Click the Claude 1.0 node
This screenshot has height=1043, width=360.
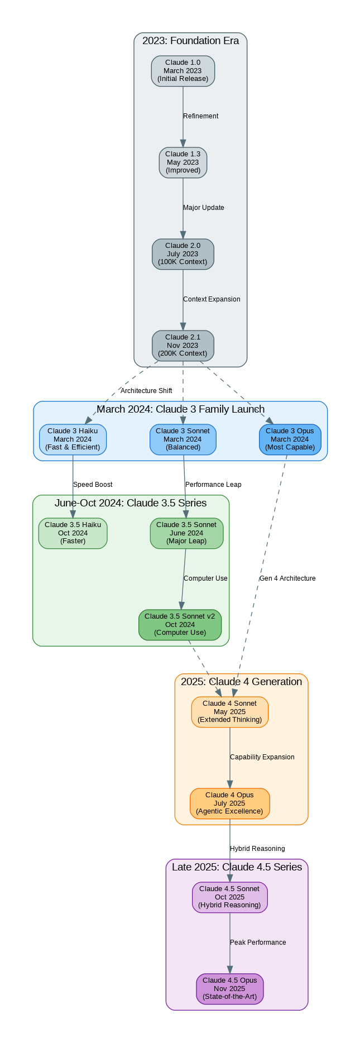[183, 71]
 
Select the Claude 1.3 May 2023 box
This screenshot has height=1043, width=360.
[183, 162]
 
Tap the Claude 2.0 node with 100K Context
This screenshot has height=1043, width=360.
[183, 254]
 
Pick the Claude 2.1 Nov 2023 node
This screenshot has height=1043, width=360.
[183, 346]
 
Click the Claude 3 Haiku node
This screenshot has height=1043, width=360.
[73, 439]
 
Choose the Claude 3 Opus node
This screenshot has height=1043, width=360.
[290, 439]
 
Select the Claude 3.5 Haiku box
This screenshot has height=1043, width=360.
[73, 533]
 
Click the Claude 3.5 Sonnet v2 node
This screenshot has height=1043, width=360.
[180, 625]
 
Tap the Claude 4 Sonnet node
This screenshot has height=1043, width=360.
[229, 712]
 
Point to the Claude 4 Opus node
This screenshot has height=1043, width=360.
[229, 803]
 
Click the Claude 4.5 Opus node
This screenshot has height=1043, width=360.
[229, 989]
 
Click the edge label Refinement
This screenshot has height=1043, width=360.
[201, 116]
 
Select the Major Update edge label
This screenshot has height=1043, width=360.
[204, 208]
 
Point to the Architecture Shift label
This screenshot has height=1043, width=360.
[146, 391]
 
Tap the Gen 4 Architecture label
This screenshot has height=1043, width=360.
[287, 578]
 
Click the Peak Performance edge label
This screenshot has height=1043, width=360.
[258, 942]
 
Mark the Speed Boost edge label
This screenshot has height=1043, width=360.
[93, 485]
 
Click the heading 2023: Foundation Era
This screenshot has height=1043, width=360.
[190, 41]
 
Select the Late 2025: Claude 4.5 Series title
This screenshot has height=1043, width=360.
[237, 867]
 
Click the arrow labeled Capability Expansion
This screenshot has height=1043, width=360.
[229, 758]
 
